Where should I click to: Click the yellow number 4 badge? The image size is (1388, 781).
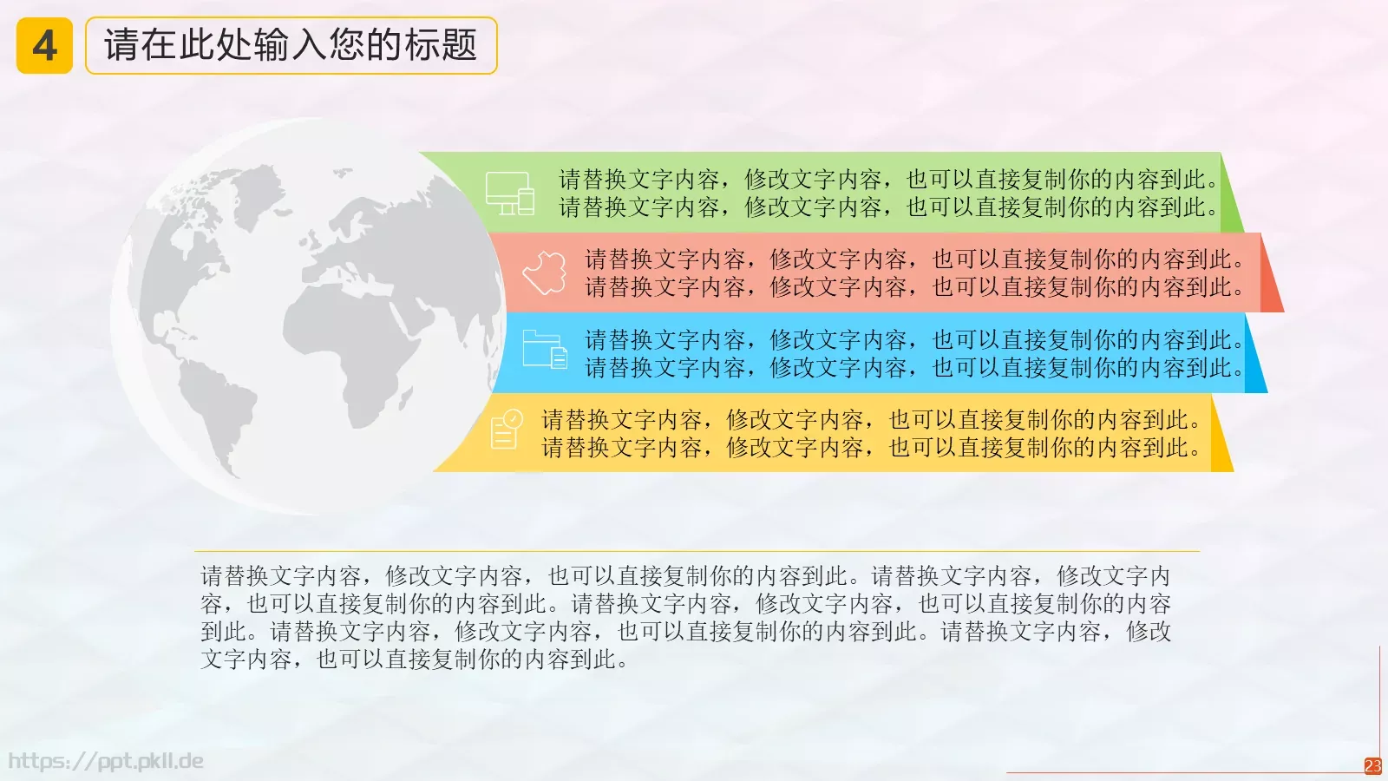point(44,46)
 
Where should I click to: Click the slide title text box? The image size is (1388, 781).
point(291,46)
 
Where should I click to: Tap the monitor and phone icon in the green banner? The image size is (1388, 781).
point(509,193)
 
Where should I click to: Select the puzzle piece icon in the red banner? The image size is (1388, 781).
point(545,272)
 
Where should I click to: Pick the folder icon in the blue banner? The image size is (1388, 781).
point(545,350)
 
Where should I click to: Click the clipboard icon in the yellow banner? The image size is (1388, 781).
point(507,430)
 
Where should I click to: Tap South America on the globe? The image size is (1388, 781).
point(217,408)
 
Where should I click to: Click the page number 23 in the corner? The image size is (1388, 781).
point(1372,765)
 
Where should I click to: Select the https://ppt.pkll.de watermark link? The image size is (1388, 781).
point(106,761)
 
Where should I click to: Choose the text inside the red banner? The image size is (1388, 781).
point(914,272)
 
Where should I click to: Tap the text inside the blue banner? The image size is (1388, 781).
point(914,353)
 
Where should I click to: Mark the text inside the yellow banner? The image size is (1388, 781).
point(871,433)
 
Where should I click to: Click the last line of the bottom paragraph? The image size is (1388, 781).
point(414,660)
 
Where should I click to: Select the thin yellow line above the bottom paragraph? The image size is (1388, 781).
point(697,551)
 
